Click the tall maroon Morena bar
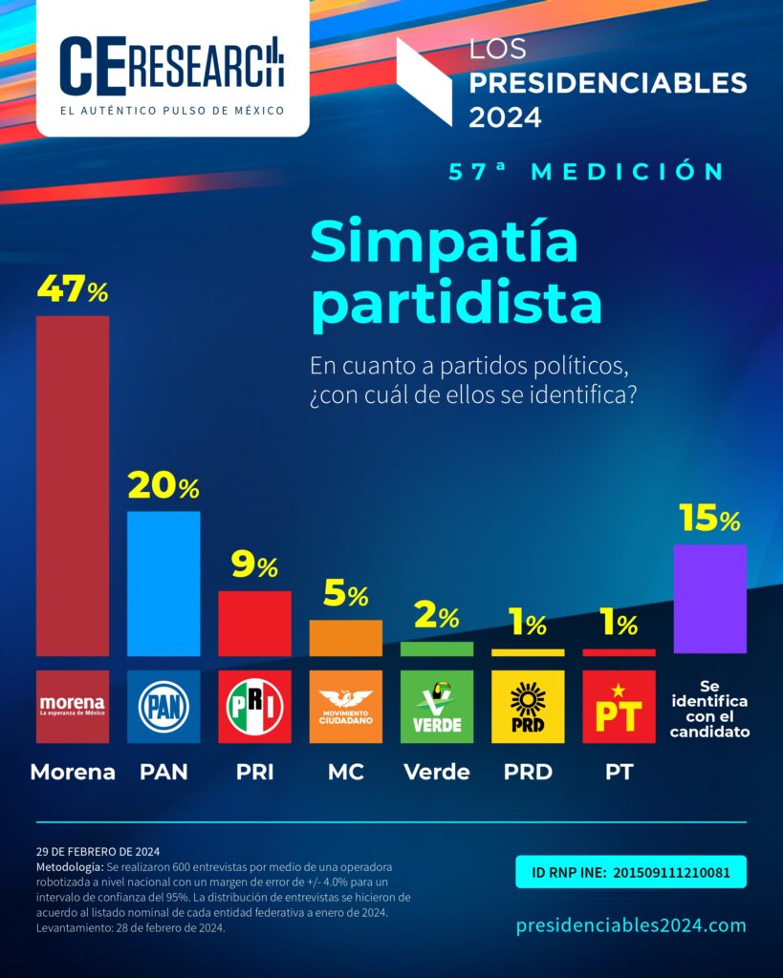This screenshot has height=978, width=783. click(x=73, y=485)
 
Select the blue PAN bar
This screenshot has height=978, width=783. click(x=163, y=584)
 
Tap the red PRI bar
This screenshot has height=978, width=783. click(x=254, y=623)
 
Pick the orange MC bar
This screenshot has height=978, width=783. click(x=345, y=637)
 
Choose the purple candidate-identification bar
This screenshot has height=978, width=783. click(x=709, y=599)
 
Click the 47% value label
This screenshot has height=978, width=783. click(x=73, y=290)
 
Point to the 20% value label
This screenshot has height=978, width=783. click(x=163, y=487)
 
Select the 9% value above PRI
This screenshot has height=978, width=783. click(x=254, y=566)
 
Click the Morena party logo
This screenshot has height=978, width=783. click(x=73, y=707)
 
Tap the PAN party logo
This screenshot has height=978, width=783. click(x=163, y=707)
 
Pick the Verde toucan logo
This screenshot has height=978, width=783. click(x=436, y=707)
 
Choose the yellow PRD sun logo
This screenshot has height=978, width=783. click(x=527, y=707)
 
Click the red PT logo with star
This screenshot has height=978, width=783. click(x=619, y=707)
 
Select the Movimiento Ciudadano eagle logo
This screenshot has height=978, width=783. click(x=345, y=707)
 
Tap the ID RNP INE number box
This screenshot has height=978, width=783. click(x=631, y=872)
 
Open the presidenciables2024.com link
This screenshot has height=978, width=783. click(x=631, y=925)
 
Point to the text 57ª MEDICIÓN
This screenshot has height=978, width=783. click(x=587, y=172)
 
